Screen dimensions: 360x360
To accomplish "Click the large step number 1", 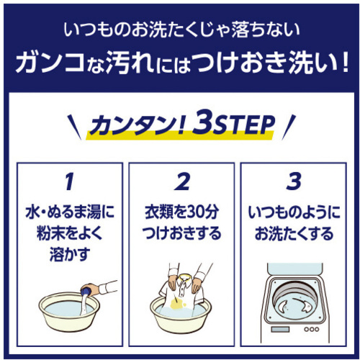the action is pyautogui.click(x=69, y=181).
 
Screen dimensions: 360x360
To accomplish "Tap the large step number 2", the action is pyautogui.click(x=182, y=181).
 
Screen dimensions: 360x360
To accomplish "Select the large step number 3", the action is pyautogui.click(x=294, y=181).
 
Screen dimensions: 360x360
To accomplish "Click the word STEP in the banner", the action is pyautogui.click(x=243, y=125).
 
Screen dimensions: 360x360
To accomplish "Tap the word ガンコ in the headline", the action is pyautogui.click(x=50, y=63).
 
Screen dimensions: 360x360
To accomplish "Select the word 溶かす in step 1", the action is pyautogui.click(x=69, y=254).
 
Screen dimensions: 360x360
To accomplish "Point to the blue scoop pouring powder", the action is pyautogui.click(x=86, y=289).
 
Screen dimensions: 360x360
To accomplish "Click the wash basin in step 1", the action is pyautogui.click(x=69, y=312).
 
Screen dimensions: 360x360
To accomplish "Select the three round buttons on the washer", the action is pyautogui.click(x=312, y=329).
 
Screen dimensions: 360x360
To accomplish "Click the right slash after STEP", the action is pyautogui.click(x=289, y=127).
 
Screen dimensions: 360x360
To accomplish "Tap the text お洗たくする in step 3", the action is pyautogui.click(x=294, y=234).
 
